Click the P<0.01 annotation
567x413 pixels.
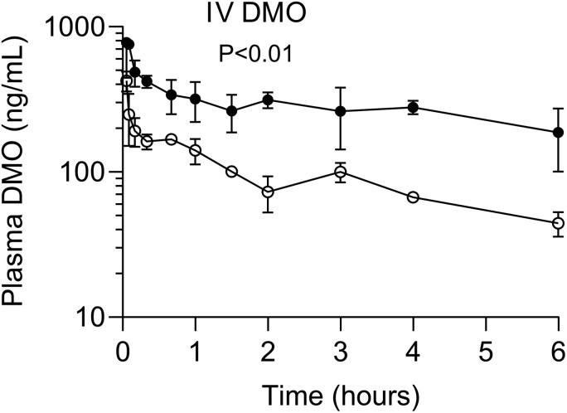click(255, 54)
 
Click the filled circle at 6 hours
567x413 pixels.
click(558, 133)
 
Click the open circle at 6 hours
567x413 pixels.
click(558, 223)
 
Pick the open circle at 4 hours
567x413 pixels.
click(413, 197)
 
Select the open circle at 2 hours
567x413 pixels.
click(268, 192)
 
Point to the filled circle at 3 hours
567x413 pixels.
click(341, 111)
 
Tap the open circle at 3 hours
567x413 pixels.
click(341, 172)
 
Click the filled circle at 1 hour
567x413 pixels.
click(196, 99)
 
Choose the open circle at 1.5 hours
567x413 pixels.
click(232, 172)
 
